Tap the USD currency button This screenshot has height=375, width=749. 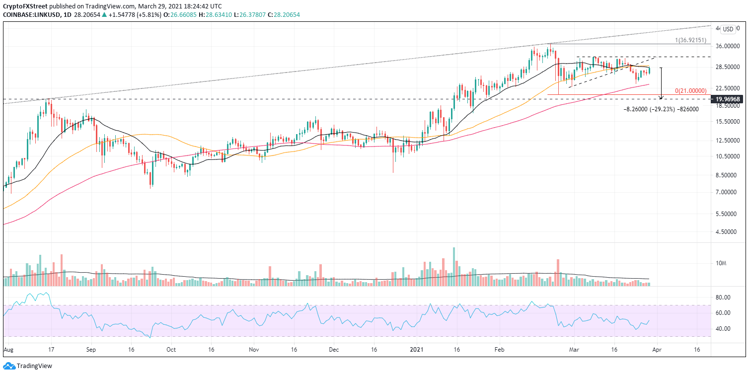point(728,29)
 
